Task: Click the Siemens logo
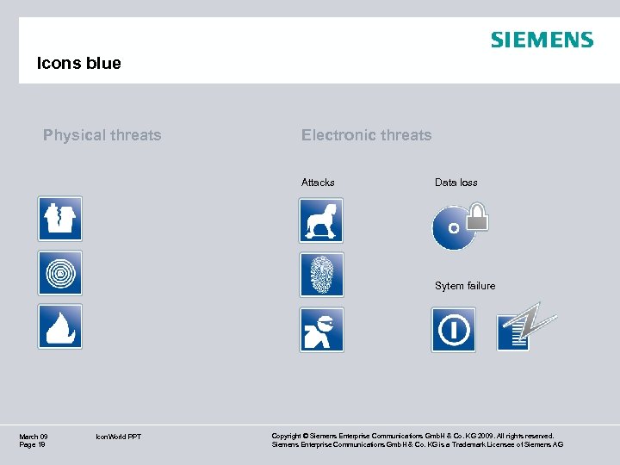click(x=542, y=40)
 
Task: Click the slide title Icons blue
click(x=79, y=63)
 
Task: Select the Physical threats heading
click(x=102, y=135)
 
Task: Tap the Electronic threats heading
click(x=366, y=135)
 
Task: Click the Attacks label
click(x=318, y=183)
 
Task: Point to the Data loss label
click(x=456, y=183)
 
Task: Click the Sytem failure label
click(x=465, y=286)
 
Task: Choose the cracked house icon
click(x=60, y=219)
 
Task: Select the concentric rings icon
click(x=60, y=273)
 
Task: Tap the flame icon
click(x=60, y=326)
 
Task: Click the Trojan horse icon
click(x=321, y=220)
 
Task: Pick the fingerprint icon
click(x=321, y=275)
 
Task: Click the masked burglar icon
click(x=321, y=330)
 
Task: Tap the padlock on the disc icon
click(x=477, y=217)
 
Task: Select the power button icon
click(x=453, y=330)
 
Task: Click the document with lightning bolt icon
click(x=525, y=328)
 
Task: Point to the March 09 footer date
click(x=34, y=437)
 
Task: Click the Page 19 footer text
click(x=32, y=444)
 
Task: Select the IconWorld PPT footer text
click(x=119, y=437)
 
